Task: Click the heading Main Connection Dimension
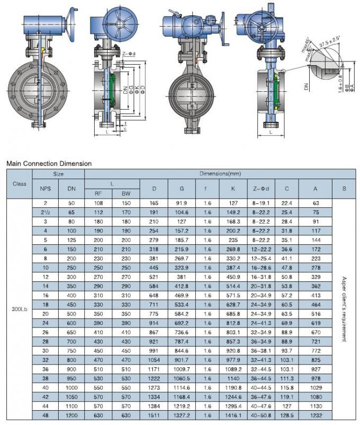tap(49, 164)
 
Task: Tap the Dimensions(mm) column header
tap(220, 174)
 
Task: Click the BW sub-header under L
tap(126, 194)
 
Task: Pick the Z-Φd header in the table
tap(262, 189)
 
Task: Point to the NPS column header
tap(45, 189)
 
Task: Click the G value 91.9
tap(182, 203)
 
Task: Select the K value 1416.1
tap(233, 415)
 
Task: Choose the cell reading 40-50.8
tap(262, 415)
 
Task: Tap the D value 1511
tap(154, 415)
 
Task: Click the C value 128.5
tap(286, 415)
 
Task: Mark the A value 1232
tap(316, 415)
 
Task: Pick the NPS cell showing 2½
tap(45, 212)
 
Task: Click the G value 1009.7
tap(182, 369)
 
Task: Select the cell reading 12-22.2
tap(262, 249)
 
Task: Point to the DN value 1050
tap(71, 397)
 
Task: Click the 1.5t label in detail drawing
tap(332, 70)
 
